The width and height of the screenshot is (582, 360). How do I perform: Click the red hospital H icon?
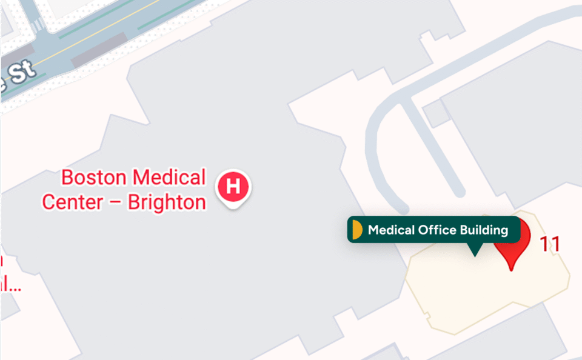234,186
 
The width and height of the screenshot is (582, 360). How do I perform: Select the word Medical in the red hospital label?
169,178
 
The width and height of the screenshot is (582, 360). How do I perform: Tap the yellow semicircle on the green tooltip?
357,230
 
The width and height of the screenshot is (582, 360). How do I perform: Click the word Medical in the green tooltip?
392,230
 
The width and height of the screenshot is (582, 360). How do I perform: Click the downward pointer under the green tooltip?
474,250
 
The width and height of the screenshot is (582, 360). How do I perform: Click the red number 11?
550,244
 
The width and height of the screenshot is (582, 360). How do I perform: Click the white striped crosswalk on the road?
38,26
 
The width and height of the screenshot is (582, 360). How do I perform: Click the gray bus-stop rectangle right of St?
99,52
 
